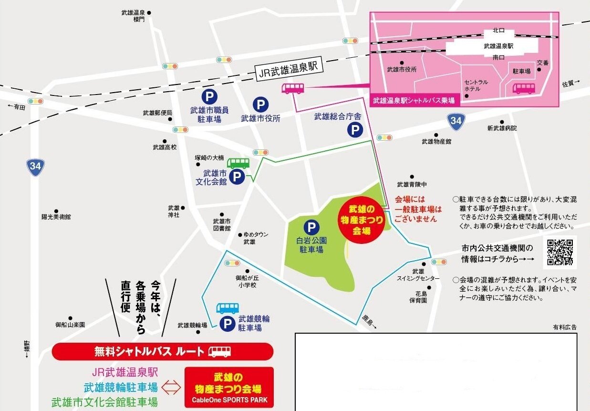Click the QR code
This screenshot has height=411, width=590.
559,252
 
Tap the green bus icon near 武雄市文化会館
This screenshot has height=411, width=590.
238,163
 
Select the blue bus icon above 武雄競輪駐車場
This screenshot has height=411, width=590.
228,308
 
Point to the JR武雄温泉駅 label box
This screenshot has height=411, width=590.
290,73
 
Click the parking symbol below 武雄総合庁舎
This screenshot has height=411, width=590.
354,130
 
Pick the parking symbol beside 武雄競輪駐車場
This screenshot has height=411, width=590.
227,324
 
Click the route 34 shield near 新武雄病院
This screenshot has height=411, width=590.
456,121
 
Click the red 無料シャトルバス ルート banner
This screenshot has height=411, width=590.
162,352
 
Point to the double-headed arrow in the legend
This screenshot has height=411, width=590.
172,387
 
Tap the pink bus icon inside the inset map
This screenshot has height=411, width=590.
523,88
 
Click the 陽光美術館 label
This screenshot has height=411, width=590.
56,217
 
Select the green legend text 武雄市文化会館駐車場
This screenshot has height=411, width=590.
104,402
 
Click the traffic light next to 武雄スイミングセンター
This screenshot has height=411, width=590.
438,262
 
